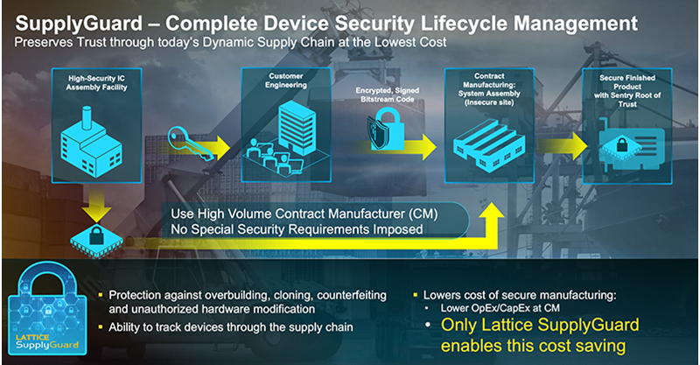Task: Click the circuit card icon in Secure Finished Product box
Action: (x=634, y=145)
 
